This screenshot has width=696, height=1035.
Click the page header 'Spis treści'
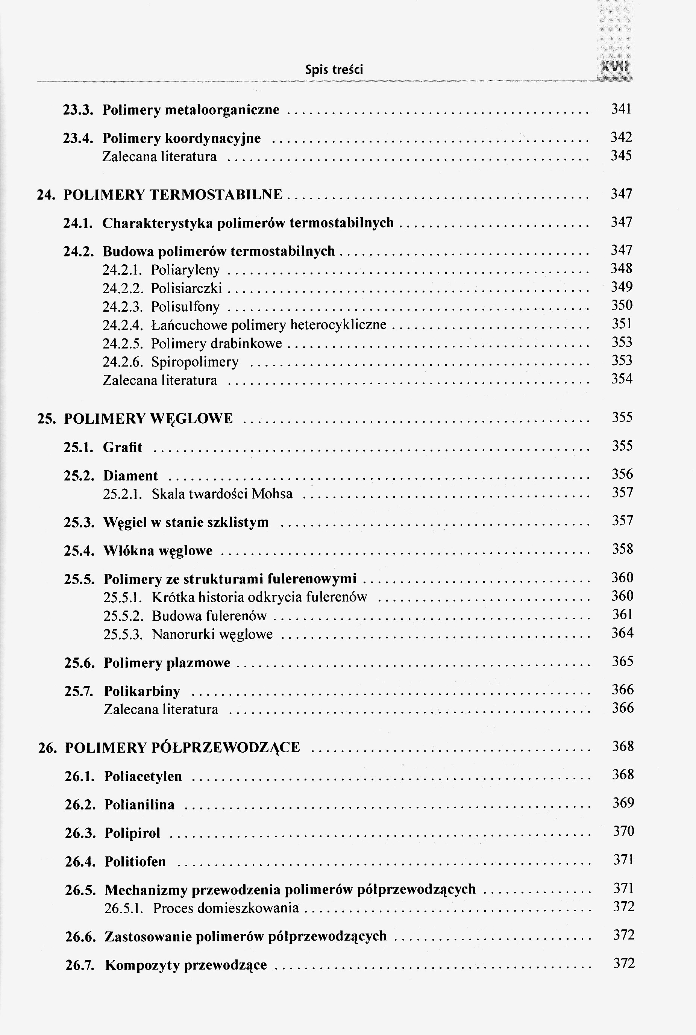click(x=334, y=70)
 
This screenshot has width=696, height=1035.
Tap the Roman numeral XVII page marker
click(x=614, y=67)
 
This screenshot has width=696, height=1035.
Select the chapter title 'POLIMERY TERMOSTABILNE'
click(x=173, y=195)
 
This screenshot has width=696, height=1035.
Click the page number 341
click(x=621, y=109)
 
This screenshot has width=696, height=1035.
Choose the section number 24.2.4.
click(x=123, y=325)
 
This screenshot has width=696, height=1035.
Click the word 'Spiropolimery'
click(x=195, y=362)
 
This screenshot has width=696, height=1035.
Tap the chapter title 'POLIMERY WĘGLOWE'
click(x=148, y=418)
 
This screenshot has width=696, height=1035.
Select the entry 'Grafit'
click(x=123, y=447)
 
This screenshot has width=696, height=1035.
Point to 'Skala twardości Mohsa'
click(x=222, y=494)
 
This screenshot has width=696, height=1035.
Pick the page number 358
click(x=622, y=549)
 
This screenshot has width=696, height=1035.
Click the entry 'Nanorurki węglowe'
click(x=212, y=634)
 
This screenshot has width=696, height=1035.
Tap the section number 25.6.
click(x=79, y=663)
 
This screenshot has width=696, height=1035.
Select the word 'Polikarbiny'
click(x=142, y=691)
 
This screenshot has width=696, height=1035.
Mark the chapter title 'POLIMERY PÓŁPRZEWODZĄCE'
click(x=182, y=748)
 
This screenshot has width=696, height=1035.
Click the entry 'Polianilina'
click(x=140, y=805)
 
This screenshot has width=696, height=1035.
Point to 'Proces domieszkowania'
click(x=226, y=908)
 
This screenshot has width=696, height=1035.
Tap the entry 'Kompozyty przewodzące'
click(x=186, y=965)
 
